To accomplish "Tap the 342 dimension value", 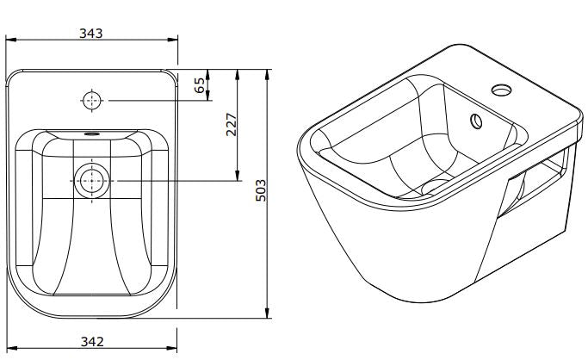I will (x=91, y=341).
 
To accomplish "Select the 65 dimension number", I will (x=200, y=84).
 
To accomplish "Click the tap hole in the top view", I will (x=91, y=101).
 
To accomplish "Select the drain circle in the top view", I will (x=91, y=181).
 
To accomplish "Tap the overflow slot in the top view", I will (x=91, y=134).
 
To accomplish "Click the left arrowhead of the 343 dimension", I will (x=9, y=41).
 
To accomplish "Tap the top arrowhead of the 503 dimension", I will (x=268, y=70).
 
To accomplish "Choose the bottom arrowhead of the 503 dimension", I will (x=268, y=313).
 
